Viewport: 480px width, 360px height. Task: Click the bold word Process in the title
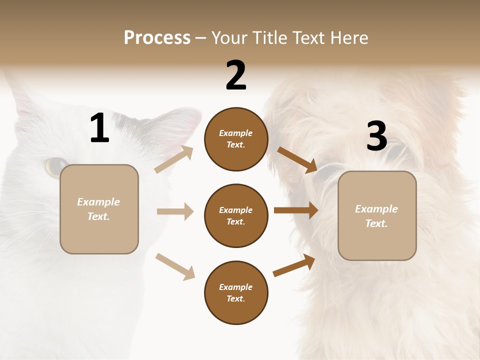click(157, 38)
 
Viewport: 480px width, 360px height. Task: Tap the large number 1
click(99, 128)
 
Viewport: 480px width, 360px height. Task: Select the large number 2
click(236, 75)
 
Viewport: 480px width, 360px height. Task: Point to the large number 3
click(376, 136)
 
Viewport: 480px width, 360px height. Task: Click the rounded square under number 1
click(99, 209)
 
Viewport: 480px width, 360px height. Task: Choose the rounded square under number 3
click(377, 215)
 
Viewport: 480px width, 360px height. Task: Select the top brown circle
click(236, 139)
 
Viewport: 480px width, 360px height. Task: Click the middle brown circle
click(236, 215)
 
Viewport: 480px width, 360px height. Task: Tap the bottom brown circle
click(236, 292)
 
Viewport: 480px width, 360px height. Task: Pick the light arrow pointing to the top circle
click(174, 159)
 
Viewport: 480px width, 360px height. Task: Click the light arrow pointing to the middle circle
click(175, 211)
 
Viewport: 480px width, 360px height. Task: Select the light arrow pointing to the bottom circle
click(175, 266)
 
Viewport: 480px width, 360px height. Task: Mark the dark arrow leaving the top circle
click(297, 159)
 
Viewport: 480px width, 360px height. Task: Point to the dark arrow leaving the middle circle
click(295, 210)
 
